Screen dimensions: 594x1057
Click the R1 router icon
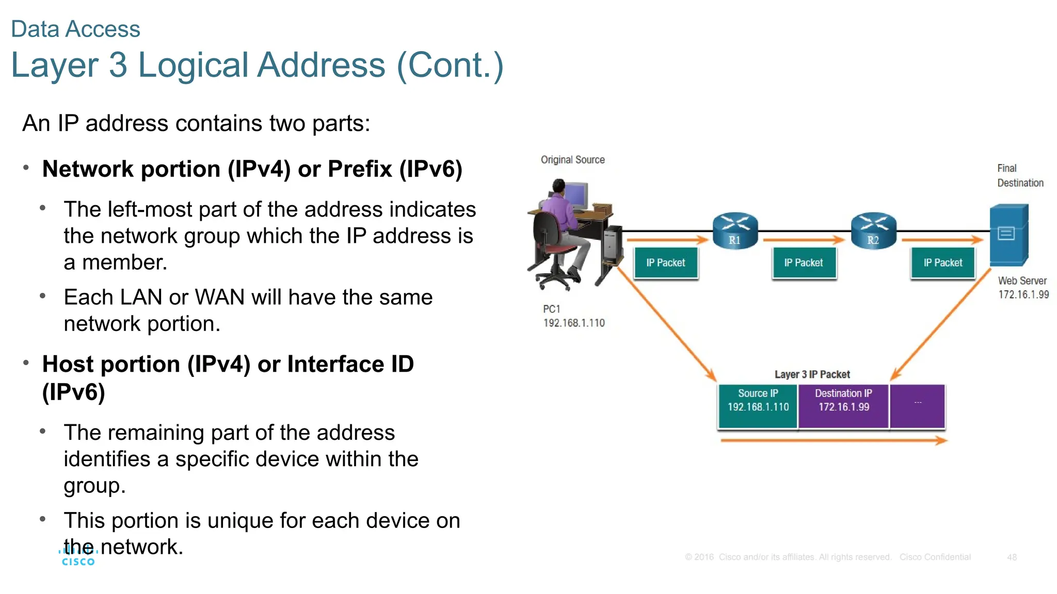[735, 230]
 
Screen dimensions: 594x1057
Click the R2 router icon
[873, 230]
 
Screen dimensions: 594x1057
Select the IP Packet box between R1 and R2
[804, 263]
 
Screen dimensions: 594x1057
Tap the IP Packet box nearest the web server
[942, 263]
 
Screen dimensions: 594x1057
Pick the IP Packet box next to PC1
[665, 263]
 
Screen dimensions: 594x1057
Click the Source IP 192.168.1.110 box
[758, 406]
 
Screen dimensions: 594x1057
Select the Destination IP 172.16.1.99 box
[843, 406]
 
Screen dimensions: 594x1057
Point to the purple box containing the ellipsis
[917, 406]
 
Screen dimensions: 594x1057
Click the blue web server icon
[1008, 235]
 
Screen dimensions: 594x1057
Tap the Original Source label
[572, 160]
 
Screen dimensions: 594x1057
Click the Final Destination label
[1019, 175]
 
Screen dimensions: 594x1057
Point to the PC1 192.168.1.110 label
[573, 316]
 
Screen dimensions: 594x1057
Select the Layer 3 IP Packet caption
[812, 374]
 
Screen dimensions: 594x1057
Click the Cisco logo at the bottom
[78, 558]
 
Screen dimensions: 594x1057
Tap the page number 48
[1012, 557]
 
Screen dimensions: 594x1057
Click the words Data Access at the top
[75, 29]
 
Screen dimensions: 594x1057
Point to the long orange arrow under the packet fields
[833, 440]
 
